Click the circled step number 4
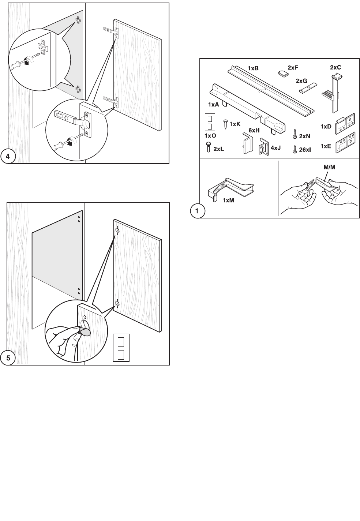(8, 157)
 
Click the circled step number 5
(8, 358)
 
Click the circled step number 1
(197, 211)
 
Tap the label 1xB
(253, 68)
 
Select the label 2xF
(293, 67)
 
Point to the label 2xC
(335, 67)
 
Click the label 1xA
(214, 105)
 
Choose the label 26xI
(305, 150)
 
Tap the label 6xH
(254, 130)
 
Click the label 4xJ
(275, 148)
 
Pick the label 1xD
(326, 127)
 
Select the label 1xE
(326, 146)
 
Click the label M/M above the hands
(329, 167)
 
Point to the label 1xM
(228, 200)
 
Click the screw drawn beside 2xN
(295, 134)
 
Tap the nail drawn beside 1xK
(225, 124)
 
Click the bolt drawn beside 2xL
(208, 147)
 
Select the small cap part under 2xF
(283, 73)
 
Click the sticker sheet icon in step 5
(121, 348)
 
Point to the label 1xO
(210, 136)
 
